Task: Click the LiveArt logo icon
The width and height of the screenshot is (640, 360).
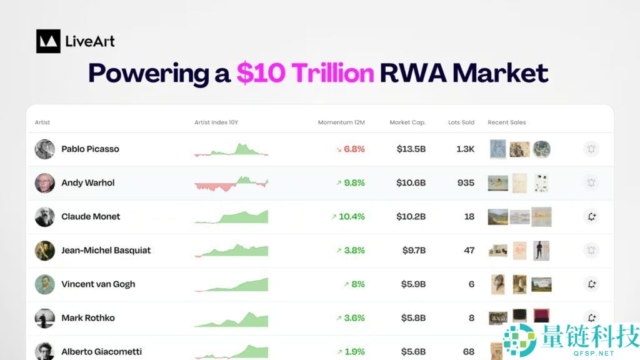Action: [x=48, y=41]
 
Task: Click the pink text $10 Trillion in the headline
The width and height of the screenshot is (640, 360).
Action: [x=305, y=73]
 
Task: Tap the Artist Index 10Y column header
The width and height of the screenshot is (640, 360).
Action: [x=216, y=122]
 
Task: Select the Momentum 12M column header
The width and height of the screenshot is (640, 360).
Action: [x=341, y=122]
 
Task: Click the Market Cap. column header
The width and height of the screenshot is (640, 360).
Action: [x=407, y=122]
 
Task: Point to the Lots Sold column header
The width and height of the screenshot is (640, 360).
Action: [x=461, y=122]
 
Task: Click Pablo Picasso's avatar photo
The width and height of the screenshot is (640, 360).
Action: [x=45, y=149]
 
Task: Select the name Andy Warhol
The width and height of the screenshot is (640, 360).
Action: [x=88, y=183]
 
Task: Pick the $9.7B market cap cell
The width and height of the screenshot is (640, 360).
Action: [x=414, y=251]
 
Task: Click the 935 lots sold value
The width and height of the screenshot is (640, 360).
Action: [x=465, y=183]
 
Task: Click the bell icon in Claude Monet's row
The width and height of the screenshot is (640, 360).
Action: [x=591, y=217]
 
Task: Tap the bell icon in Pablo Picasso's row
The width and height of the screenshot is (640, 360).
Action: [x=591, y=149]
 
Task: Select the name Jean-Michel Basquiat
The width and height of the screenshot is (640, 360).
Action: [x=106, y=251]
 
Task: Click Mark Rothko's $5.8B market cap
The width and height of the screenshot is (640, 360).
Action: [x=414, y=318]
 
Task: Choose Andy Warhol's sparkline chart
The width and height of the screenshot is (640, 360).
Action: [x=231, y=183]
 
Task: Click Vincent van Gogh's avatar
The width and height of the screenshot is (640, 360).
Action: [x=45, y=284]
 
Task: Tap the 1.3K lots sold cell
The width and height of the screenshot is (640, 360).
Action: [x=465, y=149]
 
